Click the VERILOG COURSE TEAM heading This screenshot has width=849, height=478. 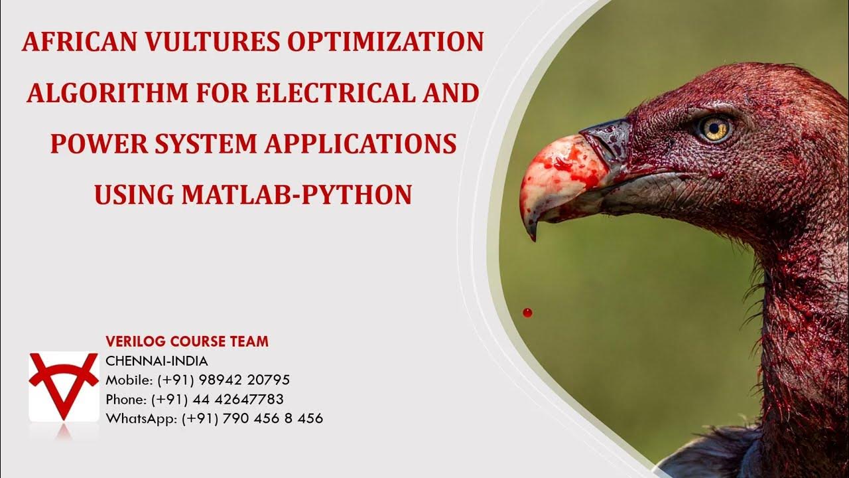[x=187, y=342]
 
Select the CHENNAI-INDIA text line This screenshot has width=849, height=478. [x=157, y=362]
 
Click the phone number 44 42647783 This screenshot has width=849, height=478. [x=243, y=400]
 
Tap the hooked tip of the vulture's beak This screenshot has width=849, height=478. [x=531, y=230]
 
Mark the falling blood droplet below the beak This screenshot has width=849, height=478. [x=527, y=312]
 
